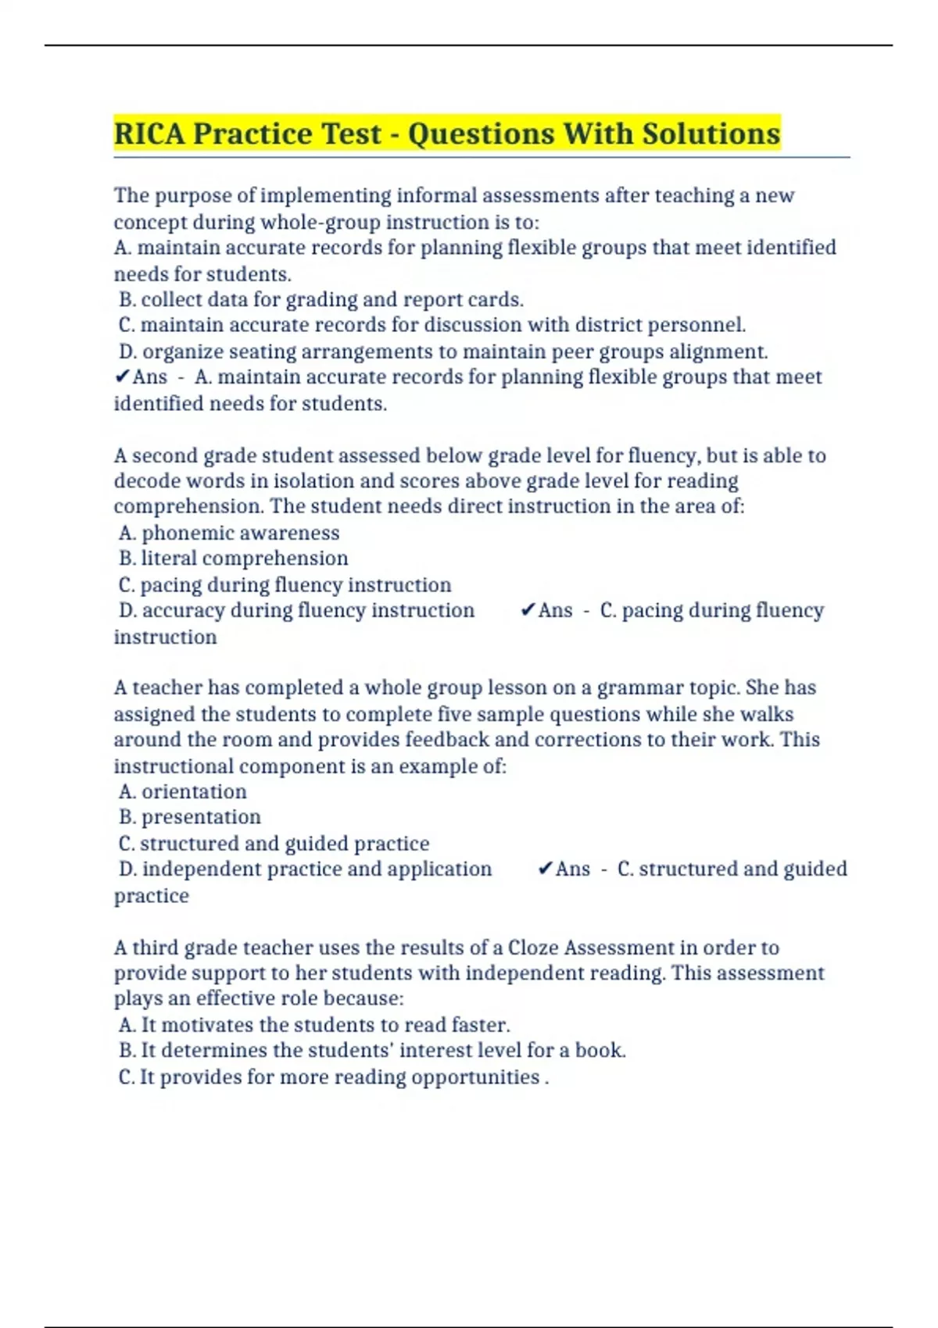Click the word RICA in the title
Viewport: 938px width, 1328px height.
pos(149,134)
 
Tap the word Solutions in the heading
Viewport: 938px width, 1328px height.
pos(711,134)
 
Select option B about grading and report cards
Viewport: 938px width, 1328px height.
pos(320,300)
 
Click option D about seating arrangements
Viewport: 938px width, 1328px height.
pos(442,352)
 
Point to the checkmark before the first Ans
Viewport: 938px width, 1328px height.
pos(122,377)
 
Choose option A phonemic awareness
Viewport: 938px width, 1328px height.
pos(229,533)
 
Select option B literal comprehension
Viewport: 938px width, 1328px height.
pos(233,559)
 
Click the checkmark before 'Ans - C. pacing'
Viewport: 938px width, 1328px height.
pos(528,610)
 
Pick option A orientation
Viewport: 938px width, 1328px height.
pos(182,791)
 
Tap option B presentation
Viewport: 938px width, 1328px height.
pos(189,817)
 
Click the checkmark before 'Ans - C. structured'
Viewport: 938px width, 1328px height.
pos(546,869)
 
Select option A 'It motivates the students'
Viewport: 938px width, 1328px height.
pos(313,1025)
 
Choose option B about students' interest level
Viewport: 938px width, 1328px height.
pos(371,1051)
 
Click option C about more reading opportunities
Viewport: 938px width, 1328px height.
pos(333,1077)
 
